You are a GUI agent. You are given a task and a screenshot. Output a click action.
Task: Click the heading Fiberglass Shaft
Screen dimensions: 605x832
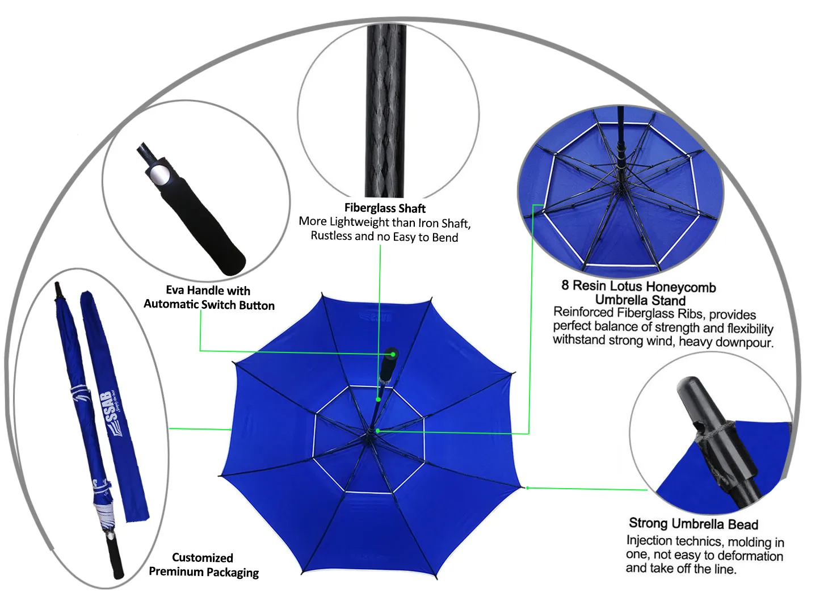pos(385,208)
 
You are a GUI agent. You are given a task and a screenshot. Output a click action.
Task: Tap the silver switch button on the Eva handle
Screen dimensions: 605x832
pos(159,174)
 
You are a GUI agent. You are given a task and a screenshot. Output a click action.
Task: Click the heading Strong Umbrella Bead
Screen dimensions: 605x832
pos(693,523)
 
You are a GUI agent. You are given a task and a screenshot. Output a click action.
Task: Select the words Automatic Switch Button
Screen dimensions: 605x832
pos(209,305)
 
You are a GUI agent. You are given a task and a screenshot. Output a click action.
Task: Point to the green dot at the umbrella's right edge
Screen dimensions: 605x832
pos(527,488)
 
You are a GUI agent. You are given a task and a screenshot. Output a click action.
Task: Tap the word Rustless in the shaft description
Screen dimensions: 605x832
pos(331,236)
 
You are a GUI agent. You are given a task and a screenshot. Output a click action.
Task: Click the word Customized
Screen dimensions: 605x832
pos(202,557)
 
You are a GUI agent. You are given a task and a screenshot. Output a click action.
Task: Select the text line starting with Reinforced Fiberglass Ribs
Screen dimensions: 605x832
pos(654,313)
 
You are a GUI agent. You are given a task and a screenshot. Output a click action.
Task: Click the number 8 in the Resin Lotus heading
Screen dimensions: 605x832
pos(565,285)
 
